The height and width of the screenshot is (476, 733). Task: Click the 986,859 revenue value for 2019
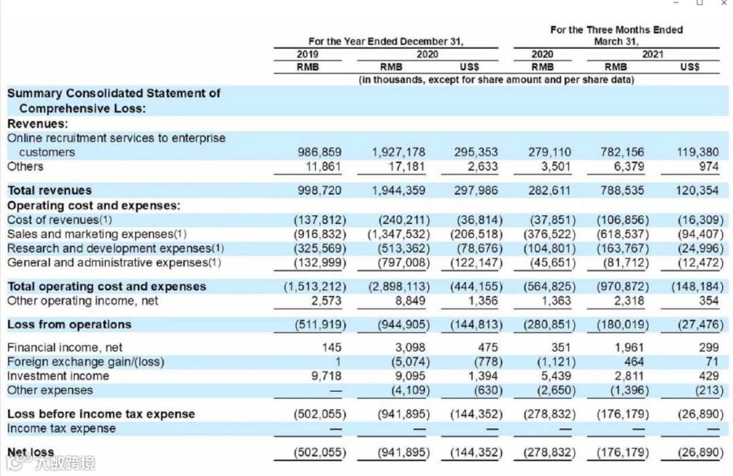[320, 152]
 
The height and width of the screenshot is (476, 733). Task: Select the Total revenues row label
[50, 190]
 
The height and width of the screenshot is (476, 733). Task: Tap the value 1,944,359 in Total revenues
[398, 190]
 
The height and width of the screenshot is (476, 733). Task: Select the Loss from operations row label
[69, 324]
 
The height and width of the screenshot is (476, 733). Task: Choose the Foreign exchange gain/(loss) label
[86, 362]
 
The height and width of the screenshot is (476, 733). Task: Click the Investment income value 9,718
[326, 376]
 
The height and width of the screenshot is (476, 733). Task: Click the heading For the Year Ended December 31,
[386, 41]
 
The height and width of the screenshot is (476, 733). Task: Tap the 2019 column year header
[307, 54]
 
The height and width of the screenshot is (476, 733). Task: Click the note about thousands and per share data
[496, 80]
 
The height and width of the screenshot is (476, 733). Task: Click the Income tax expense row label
[61, 428]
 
